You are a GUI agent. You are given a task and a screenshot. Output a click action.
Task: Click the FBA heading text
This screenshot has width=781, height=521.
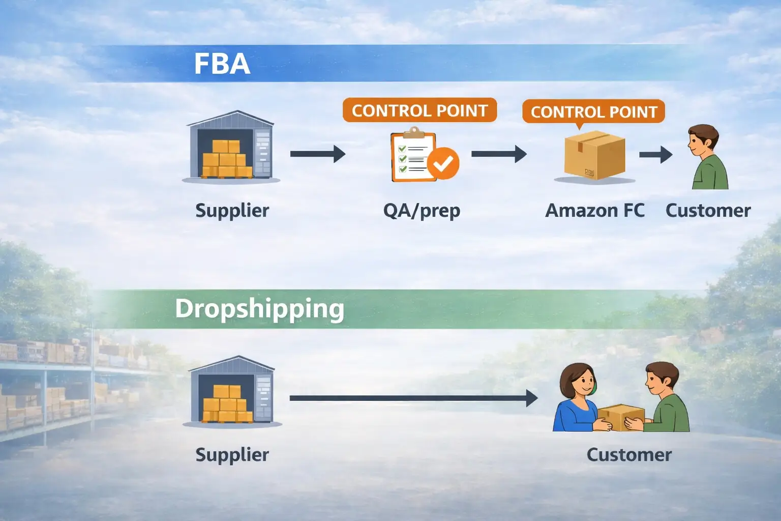222,64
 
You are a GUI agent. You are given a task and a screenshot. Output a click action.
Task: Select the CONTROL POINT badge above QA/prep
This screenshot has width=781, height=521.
419,110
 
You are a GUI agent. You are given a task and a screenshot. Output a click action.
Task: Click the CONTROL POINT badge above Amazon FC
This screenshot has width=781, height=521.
594,111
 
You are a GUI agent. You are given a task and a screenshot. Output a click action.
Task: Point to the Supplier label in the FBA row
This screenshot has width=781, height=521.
232,211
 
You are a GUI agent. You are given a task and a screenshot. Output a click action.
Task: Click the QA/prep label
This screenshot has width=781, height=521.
422,211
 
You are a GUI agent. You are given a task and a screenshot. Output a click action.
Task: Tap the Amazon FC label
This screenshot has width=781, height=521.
594,211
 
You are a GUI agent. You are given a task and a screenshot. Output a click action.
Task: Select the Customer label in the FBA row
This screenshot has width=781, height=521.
708,211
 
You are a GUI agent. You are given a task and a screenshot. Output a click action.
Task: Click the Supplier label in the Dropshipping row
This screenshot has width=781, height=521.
232,455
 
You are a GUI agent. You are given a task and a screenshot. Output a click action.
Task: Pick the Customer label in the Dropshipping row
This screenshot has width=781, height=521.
629,455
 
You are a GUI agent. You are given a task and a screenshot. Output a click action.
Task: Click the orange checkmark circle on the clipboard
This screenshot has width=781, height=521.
443,163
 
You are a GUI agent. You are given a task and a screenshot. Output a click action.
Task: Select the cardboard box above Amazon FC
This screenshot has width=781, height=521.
594,155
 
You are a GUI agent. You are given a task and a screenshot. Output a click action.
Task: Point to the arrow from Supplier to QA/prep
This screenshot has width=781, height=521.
318,154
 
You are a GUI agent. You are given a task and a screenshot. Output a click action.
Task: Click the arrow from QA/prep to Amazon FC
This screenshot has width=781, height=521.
499,154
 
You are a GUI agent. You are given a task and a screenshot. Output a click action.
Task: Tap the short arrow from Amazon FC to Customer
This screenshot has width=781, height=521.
656,154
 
